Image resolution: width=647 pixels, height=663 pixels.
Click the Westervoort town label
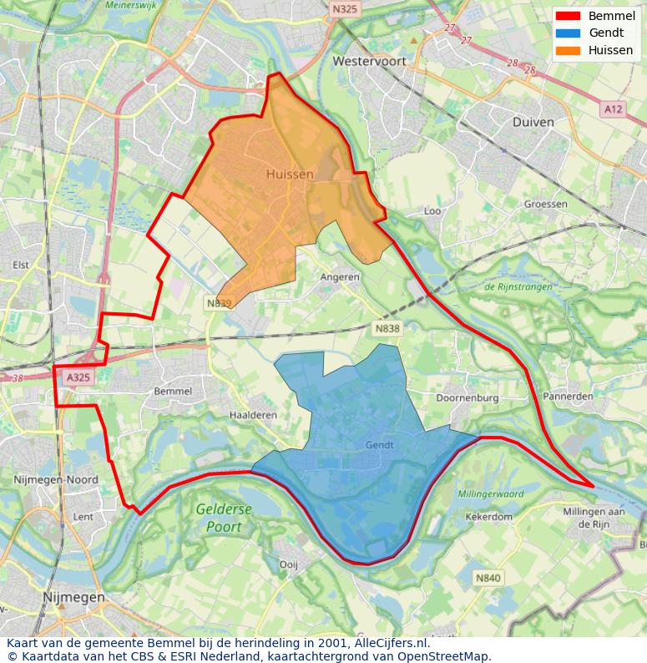367,61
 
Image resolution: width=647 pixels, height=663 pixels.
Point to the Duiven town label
533,122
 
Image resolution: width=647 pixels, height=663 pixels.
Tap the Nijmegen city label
74,598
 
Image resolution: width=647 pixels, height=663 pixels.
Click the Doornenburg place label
468,398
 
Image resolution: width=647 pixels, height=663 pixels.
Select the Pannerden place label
568,396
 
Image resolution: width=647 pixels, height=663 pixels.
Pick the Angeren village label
341,276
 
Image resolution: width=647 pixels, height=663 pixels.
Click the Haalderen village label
252,415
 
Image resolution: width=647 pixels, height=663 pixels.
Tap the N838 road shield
387,329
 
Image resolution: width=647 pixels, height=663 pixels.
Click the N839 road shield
219,303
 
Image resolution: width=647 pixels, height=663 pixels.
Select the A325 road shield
78,378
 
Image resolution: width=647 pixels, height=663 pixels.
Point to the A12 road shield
613,109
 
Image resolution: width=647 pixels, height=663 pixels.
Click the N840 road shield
488,577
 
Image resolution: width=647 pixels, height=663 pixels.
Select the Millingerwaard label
491,494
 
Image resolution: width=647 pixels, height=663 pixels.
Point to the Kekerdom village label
488,517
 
